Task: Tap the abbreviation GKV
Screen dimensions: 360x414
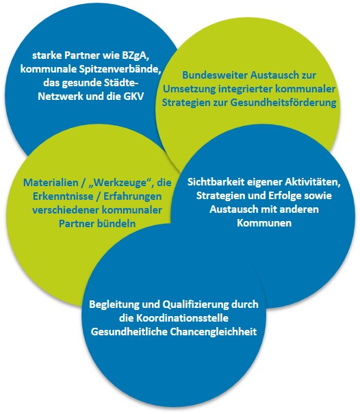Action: point(133,96)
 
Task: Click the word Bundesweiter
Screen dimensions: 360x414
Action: point(215,75)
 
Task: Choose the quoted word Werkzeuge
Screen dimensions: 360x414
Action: point(122,183)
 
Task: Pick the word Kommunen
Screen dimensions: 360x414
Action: point(264,223)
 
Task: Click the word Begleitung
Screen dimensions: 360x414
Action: point(114,305)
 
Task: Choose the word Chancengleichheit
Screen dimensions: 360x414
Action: point(213,332)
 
